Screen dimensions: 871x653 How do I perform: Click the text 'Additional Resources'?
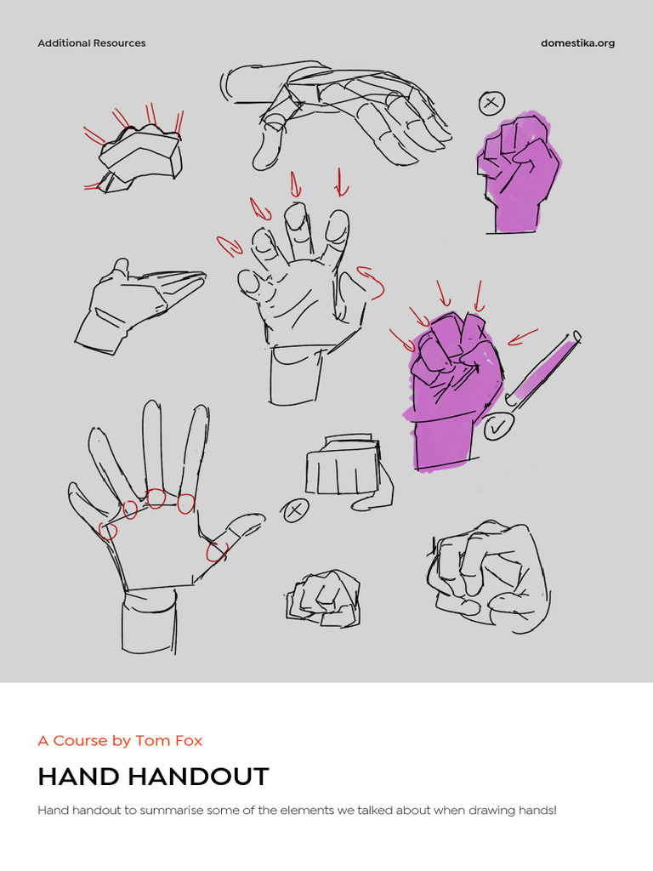click(92, 43)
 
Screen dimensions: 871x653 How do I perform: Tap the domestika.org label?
click(577, 43)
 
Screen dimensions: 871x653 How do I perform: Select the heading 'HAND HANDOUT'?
click(153, 777)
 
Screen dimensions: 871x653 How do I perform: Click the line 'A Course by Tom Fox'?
click(120, 741)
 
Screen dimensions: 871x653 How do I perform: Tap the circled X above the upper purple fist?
click(491, 104)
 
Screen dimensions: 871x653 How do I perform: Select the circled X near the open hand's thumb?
click(295, 510)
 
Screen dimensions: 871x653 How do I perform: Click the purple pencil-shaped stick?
click(544, 367)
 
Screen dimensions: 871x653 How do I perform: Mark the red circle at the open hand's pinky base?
click(108, 532)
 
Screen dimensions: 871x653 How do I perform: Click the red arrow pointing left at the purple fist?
click(523, 337)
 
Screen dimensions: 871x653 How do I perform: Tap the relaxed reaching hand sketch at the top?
click(340, 111)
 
